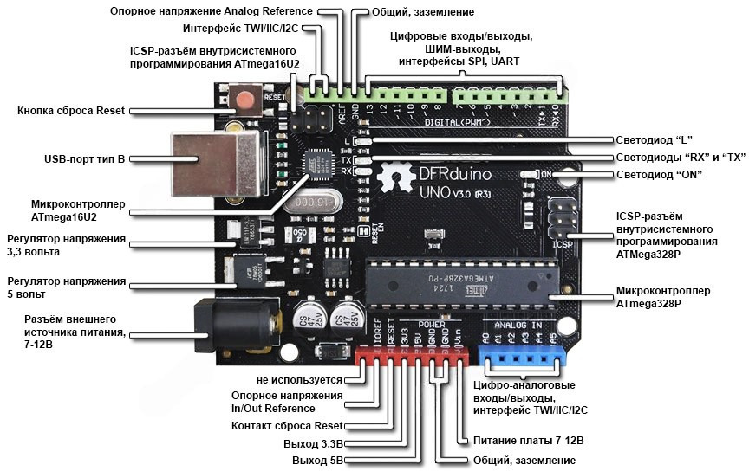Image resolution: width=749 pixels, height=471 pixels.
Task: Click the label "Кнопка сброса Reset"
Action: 71,111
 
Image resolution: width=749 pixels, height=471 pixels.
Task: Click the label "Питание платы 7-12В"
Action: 528,440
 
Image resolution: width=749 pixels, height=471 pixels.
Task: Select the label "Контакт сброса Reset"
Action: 287,426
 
